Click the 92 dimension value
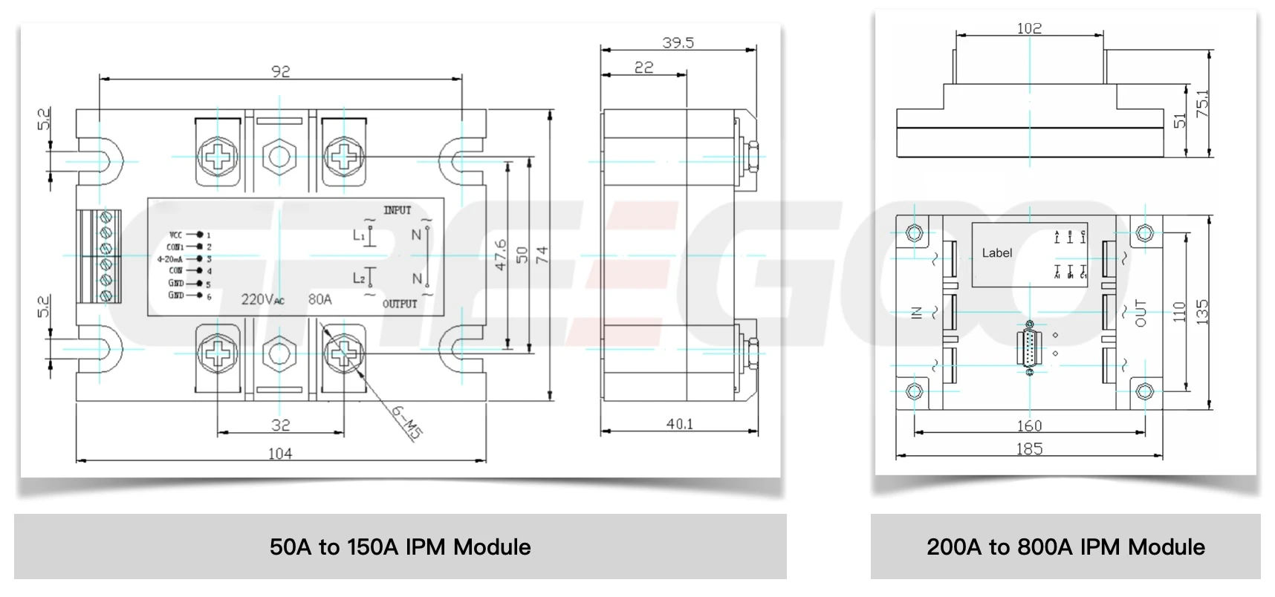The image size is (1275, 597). (281, 71)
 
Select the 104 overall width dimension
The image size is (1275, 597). (279, 453)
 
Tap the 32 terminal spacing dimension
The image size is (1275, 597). (280, 425)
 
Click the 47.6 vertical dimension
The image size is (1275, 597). (501, 254)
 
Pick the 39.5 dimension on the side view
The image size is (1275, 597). (678, 42)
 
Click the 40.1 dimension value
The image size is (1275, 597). (679, 424)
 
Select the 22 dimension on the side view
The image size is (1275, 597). (643, 68)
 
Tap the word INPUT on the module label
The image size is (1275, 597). (397, 210)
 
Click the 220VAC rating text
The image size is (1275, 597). (262, 300)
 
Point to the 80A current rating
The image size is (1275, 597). (319, 300)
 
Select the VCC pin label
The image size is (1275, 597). (175, 235)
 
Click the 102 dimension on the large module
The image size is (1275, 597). (1029, 28)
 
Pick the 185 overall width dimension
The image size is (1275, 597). (1029, 448)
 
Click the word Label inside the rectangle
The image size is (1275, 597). (996, 253)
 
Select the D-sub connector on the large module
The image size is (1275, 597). (1030, 348)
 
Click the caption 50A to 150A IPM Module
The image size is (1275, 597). (400, 547)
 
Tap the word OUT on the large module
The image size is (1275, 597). (1141, 313)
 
